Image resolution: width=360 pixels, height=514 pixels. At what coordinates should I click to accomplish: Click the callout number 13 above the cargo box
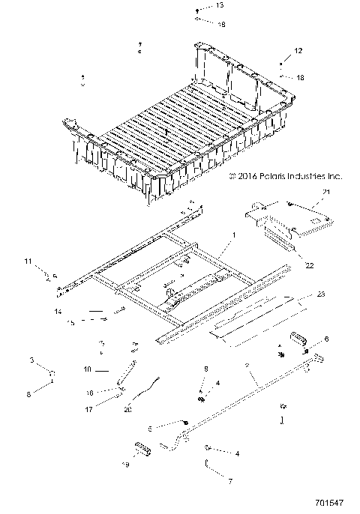tap(198, 5)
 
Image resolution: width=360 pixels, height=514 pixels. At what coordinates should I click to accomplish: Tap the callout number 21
tap(326, 214)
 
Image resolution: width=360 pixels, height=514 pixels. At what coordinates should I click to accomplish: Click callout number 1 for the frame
tap(233, 235)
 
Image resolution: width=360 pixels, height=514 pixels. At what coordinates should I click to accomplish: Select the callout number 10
tap(87, 369)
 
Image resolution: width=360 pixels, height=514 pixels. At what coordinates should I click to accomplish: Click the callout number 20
tap(127, 409)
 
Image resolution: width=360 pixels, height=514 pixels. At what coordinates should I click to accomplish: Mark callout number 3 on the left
tap(32, 361)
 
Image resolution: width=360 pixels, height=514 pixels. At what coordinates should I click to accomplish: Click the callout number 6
tap(326, 339)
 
